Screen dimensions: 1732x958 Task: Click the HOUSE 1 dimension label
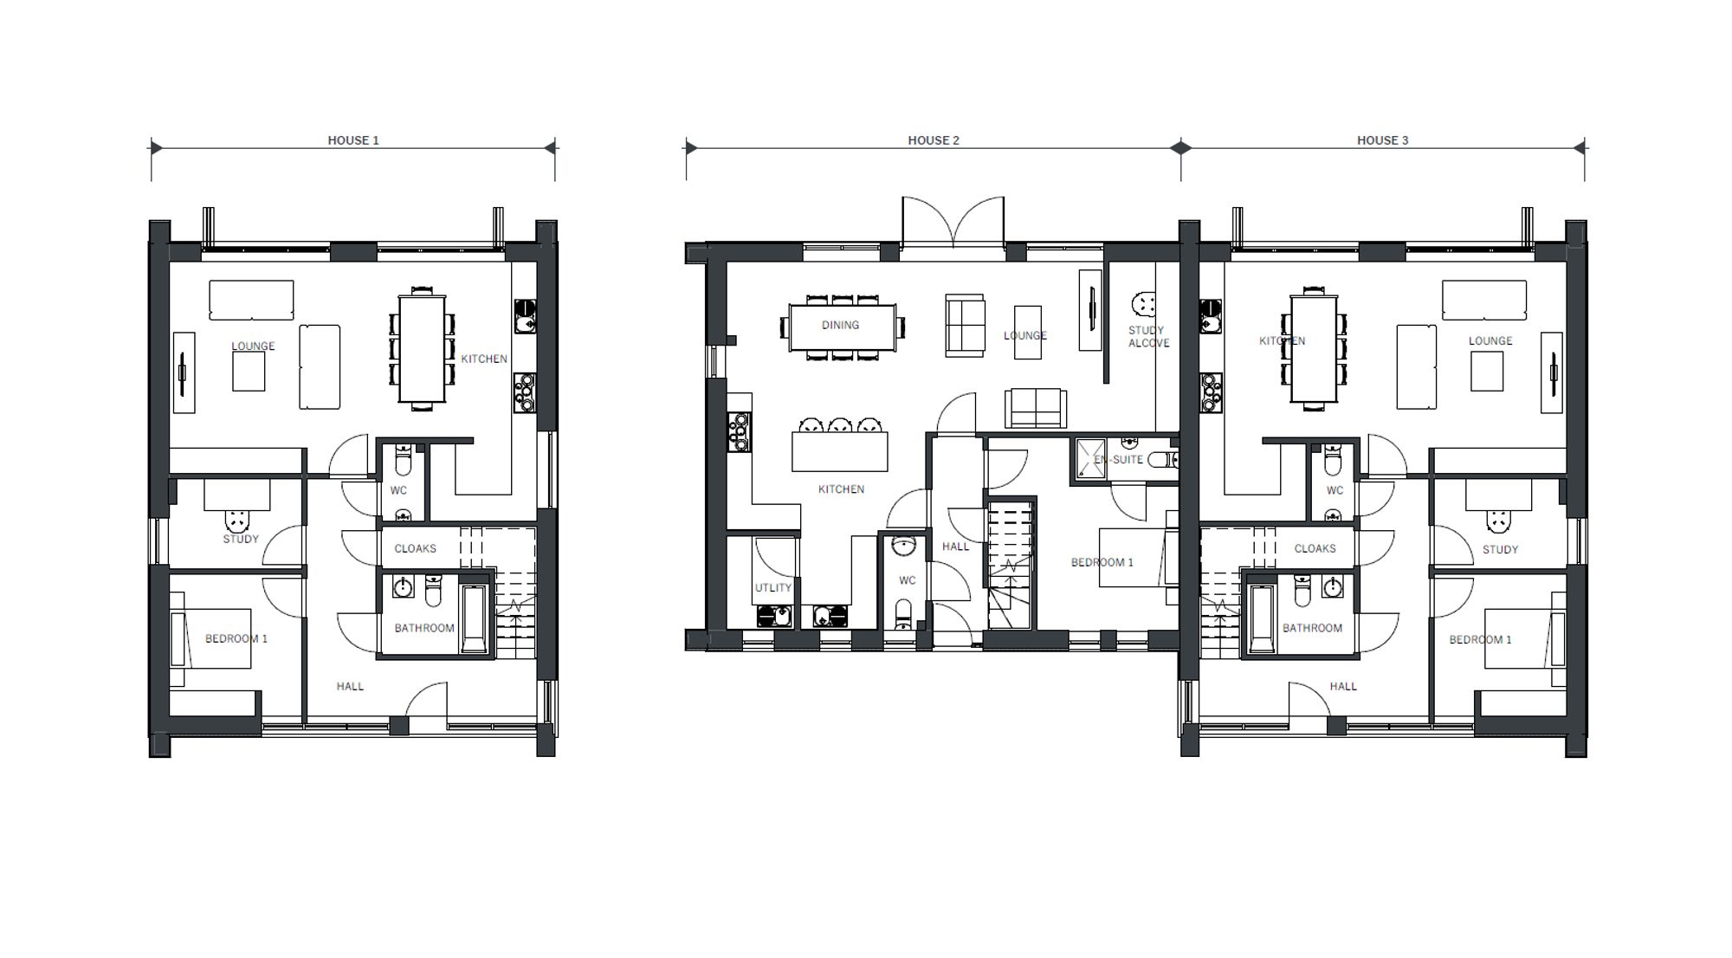pos(353,140)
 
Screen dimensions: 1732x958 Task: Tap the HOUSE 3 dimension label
pos(1382,140)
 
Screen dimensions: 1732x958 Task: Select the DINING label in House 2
pos(840,325)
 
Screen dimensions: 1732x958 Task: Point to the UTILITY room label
pos(773,587)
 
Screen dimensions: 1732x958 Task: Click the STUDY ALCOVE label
pos(1148,337)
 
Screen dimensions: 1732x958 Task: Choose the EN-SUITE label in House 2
pos(1118,459)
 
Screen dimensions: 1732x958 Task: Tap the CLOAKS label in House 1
pos(415,548)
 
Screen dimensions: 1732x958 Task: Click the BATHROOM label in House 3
pos(1312,628)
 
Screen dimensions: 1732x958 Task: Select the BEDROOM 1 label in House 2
pos(1102,562)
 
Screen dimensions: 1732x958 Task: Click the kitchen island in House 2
pos(840,451)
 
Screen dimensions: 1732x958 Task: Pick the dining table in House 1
pos(422,349)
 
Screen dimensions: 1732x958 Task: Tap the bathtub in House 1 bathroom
pos(475,618)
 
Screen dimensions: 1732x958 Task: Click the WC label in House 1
pos(398,490)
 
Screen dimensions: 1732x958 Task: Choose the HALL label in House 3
pos(1343,686)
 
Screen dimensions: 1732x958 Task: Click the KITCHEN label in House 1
pos(484,359)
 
